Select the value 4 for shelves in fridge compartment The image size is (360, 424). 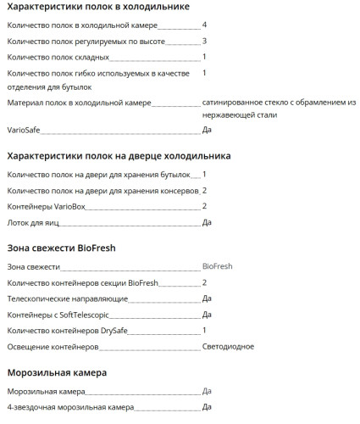205,25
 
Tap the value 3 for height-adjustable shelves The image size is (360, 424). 205,41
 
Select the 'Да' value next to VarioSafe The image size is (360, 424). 207,131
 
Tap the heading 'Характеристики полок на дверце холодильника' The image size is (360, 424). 119,156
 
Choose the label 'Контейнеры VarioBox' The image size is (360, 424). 47,206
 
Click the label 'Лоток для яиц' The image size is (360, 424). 33,222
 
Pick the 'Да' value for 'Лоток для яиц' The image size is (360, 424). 207,222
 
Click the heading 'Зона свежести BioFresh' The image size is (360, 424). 61,248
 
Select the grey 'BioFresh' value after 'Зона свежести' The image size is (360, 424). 217,266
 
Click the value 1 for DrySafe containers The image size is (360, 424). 205,330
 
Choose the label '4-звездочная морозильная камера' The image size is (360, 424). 70,407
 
